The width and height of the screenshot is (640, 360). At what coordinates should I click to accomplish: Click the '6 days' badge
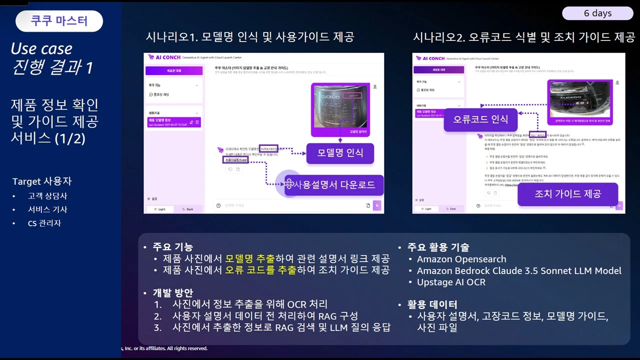pyautogui.click(x=597, y=13)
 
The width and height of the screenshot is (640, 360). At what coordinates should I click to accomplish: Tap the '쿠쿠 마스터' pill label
pyautogui.click(x=59, y=21)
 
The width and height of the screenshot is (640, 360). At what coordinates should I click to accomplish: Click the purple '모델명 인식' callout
pyautogui.click(x=340, y=153)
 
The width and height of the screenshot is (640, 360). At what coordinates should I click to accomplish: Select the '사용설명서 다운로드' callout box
pyautogui.click(x=334, y=184)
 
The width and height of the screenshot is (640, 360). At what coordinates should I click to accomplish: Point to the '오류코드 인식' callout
pyautogui.click(x=480, y=119)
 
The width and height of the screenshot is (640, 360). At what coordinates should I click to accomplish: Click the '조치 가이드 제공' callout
pyautogui.click(x=567, y=194)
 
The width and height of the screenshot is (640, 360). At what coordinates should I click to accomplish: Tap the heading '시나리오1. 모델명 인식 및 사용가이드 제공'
pyautogui.click(x=249, y=37)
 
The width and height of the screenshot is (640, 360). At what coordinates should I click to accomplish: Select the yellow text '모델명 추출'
pyautogui.click(x=250, y=259)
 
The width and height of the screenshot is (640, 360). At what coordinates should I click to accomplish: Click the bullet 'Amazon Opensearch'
pyautogui.click(x=461, y=259)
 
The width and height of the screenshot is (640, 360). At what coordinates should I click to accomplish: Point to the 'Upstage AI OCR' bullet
pyautogui.click(x=451, y=282)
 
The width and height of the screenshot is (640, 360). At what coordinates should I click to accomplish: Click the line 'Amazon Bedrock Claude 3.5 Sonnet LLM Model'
pyautogui.click(x=519, y=270)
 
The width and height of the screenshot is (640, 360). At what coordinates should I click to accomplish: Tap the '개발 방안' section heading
pyautogui.click(x=172, y=293)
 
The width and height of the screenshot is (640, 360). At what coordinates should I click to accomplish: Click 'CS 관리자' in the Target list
pyautogui.click(x=44, y=223)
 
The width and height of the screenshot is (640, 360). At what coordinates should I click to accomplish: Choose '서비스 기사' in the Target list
pyautogui.click(x=47, y=210)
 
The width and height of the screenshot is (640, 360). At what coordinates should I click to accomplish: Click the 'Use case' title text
pyautogui.click(x=41, y=48)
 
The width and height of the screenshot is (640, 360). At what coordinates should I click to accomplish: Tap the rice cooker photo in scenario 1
pyautogui.click(x=340, y=106)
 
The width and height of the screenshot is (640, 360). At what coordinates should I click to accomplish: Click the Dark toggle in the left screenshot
pyautogui.click(x=187, y=209)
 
